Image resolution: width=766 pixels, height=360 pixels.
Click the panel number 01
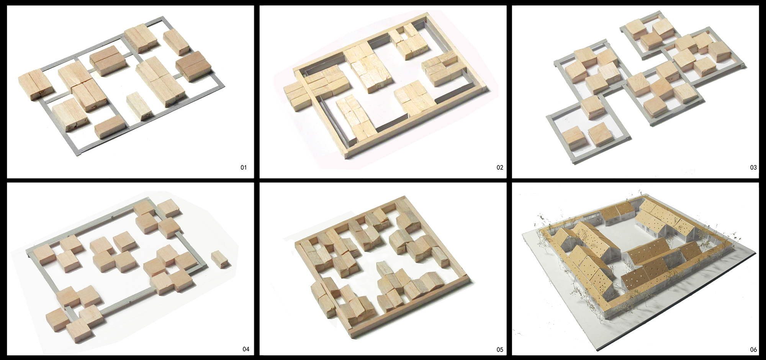pos(244,167)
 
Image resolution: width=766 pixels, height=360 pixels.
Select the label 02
pos(499,167)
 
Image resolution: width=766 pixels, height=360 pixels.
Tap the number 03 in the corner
pos(753,167)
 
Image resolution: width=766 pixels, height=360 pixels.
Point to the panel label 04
pos(246,349)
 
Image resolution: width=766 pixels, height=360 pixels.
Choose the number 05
pos(499,350)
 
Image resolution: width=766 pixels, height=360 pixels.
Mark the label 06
pos(753,350)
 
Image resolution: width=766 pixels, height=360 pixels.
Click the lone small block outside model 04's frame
pos(221,259)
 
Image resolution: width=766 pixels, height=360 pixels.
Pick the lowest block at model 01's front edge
pos(109,128)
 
